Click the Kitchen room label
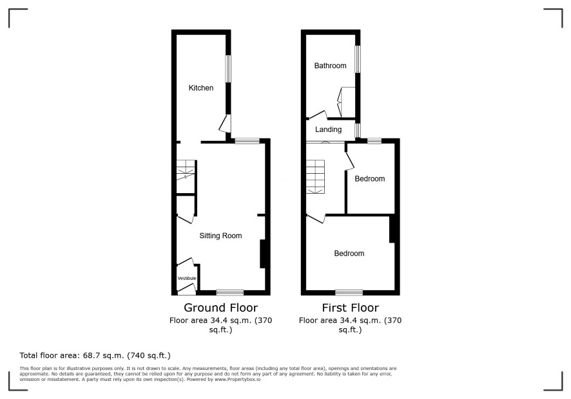[x=200, y=88]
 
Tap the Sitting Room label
[x=220, y=236]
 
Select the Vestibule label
[x=187, y=278]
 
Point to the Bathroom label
[x=330, y=66]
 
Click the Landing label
[x=328, y=129]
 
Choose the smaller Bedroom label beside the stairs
[x=370, y=179]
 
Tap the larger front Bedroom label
[x=349, y=253]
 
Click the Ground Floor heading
[x=220, y=308]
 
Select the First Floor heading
[x=351, y=308]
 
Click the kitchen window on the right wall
[x=228, y=68]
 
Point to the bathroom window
[x=358, y=59]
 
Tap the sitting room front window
[x=230, y=292]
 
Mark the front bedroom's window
[x=349, y=292]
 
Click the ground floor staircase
[x=186, y=171]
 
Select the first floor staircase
[x=315, y=177]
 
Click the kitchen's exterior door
[x=225, y=124]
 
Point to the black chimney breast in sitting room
[x=262, y=254]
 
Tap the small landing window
[x=358, y=131]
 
